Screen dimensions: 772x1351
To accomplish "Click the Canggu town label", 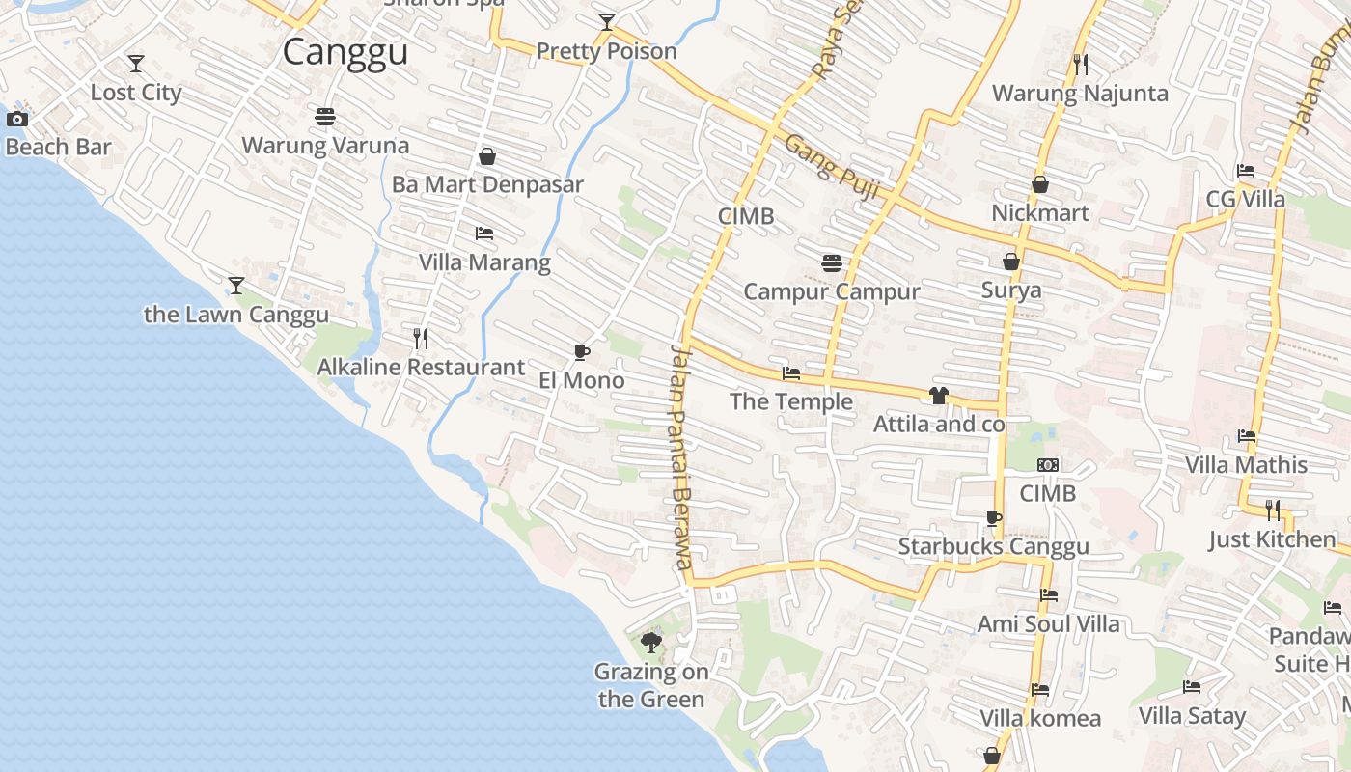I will coord(345,52).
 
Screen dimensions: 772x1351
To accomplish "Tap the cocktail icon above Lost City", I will coord(136,64).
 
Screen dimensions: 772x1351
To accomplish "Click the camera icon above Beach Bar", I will coord(17,120).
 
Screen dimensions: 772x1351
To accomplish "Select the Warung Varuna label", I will coord(325,146).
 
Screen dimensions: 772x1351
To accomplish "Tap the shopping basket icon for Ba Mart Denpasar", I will coord(487,156).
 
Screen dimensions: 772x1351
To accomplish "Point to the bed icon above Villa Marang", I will coord(484,234).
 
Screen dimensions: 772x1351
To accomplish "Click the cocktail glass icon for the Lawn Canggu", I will coord(235,286).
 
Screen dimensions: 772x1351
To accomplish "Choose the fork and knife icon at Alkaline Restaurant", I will coord(421,339).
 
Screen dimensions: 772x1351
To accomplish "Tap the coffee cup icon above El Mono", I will coord(581,352).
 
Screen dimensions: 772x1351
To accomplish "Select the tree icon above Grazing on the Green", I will coord(651,642).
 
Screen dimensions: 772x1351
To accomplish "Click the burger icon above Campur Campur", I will coord(831,262).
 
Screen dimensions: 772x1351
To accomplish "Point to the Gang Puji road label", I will coord(832,167).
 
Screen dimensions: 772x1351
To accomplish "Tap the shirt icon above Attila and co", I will coord(938,395).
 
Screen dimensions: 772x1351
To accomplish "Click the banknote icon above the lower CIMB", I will coord(1048,465).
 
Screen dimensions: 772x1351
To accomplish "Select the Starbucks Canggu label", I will coord(993,546).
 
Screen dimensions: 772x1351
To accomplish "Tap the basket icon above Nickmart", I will coord(1040,184).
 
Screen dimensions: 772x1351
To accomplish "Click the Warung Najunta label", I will coord(1080,94).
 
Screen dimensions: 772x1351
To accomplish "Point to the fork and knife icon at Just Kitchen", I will coord(1273,510).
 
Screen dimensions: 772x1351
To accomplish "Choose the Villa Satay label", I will coord(1192,715).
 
